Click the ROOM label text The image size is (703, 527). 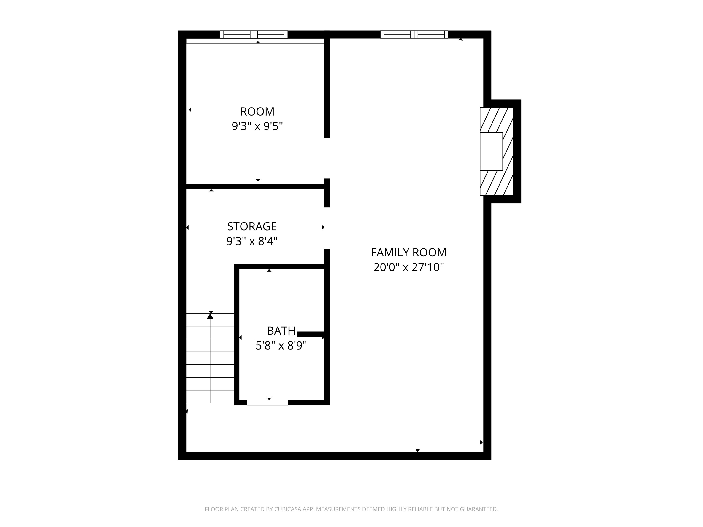[257, 111]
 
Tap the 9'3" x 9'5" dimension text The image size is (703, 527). [257, 126]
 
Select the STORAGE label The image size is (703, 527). [252, 226]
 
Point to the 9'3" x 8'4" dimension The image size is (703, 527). [252, 241]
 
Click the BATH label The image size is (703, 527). [281, 331]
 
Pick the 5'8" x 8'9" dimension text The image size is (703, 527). [281, 346]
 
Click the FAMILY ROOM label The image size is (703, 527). [408, 253]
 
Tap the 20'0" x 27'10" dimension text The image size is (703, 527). [408, 267]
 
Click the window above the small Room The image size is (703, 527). [254, 35]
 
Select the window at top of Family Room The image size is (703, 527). [414, 35]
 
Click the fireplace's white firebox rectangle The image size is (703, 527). [491, 151]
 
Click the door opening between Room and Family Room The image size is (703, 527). [327, 158]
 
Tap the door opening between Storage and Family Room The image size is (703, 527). [327, 228]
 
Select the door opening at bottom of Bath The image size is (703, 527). [268, 403]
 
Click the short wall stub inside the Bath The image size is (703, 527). [310, 334]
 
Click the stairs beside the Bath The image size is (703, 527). [210, 358]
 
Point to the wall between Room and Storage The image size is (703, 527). [254, 186]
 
